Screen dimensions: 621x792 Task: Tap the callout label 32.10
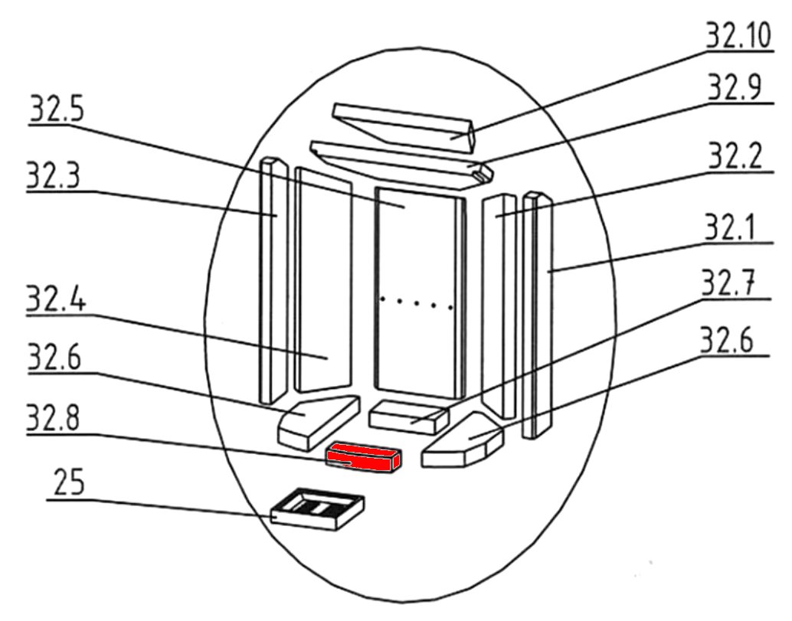tap(739, 35)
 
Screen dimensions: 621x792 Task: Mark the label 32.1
tap(736, 228)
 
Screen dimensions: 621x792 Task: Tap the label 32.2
tap(735, 158)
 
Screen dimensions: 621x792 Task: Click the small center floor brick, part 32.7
tap(407, 417)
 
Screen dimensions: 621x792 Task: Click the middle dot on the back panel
tap(416, 302)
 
